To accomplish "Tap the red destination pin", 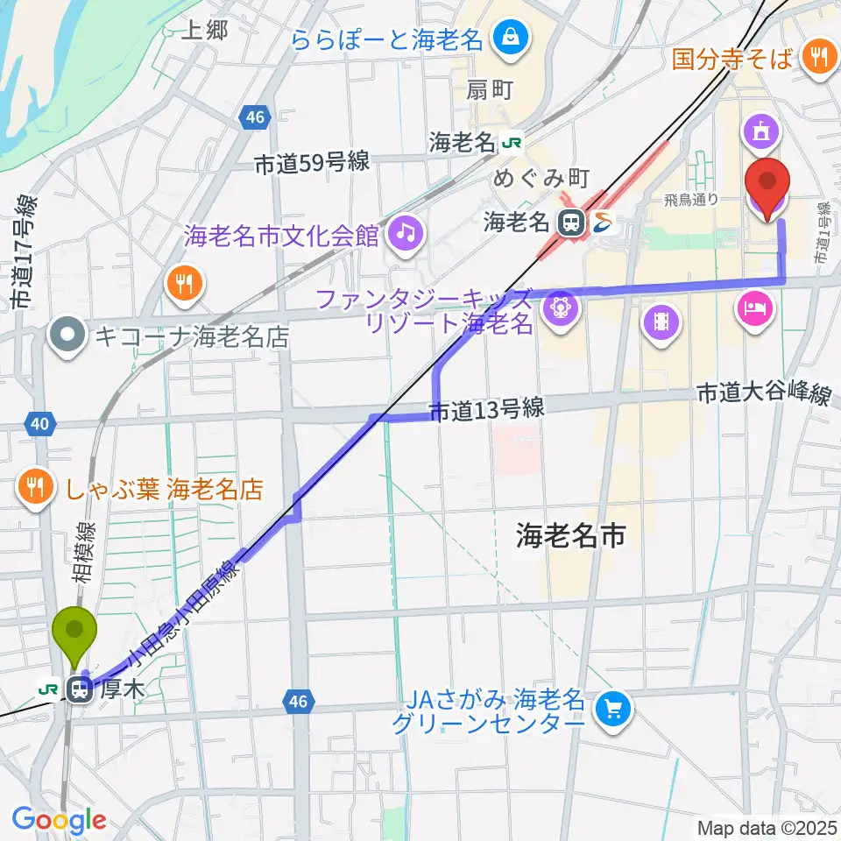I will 767,184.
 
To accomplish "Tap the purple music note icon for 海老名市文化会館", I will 406,232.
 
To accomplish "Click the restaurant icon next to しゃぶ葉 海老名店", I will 36,489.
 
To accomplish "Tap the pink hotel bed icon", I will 756,308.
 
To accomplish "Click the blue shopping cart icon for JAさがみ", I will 611,709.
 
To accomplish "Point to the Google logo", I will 60,820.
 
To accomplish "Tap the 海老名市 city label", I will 570,535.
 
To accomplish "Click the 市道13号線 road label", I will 486,408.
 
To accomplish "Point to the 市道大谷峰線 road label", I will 763,395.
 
